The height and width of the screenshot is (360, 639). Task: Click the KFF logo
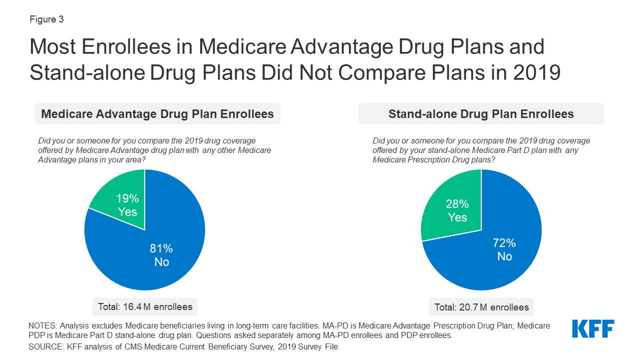(x=593, y=329)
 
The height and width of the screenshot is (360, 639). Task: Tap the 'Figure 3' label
(x=46, y=19)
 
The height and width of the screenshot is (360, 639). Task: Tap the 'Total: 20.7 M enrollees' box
(x=481, y=306)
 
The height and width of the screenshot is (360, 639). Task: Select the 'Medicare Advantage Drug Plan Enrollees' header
(x=157, y=114)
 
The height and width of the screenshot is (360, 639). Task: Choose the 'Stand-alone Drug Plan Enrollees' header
(x=481, y=114)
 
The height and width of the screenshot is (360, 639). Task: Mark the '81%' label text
(x=161, y=248)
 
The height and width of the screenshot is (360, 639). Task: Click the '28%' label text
(x=457, y=204)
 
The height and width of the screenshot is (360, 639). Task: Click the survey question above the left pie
(x=155, y=150)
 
